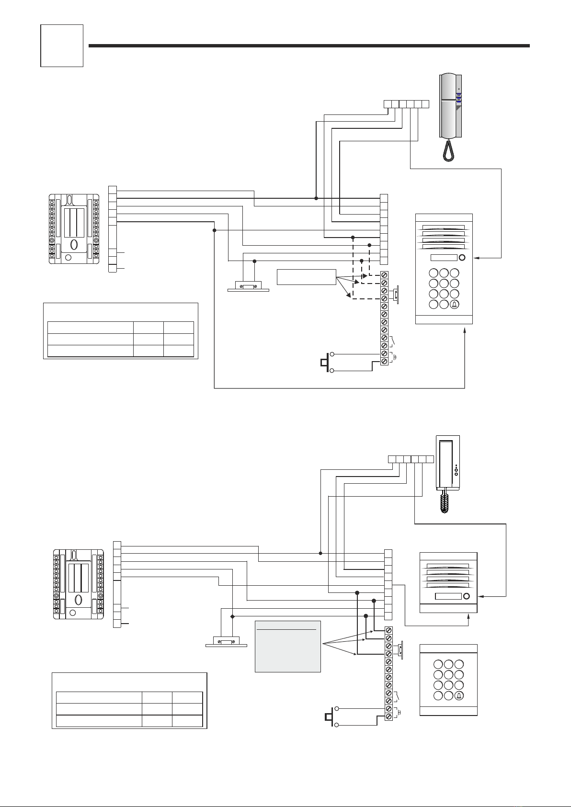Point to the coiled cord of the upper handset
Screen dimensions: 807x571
click(448, 150)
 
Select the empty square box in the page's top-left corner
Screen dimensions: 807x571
click(62, 46)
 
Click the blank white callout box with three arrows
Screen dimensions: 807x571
click(307, 277)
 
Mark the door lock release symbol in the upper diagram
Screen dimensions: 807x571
click(248, 287)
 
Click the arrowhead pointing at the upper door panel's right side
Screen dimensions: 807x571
click(477, 258)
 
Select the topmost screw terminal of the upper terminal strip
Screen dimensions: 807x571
click(384, 275)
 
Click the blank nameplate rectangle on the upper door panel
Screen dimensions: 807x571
click(444, 258)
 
